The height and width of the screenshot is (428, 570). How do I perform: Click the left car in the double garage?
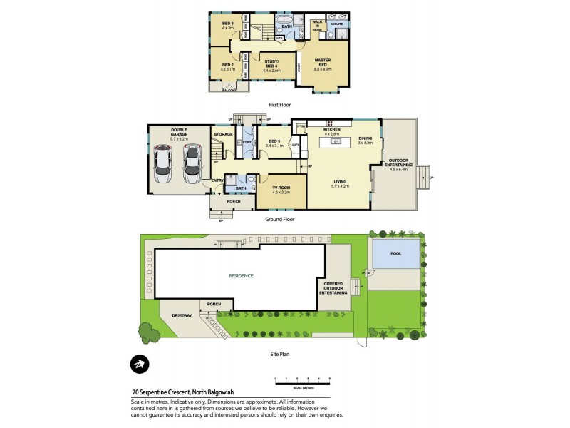(163, 164)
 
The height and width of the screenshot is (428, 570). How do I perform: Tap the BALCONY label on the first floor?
(229, 91)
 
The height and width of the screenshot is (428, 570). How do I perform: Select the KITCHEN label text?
(333, 129)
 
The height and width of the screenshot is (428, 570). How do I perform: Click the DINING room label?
(364, 140)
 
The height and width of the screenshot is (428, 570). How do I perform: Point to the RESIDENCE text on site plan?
(241, 275)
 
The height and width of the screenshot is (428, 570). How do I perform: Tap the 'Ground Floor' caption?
(279, 219)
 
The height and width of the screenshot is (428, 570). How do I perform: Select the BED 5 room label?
(274, 142)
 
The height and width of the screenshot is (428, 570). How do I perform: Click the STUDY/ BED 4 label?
(271, 65)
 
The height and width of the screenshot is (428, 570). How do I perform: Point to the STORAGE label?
(223, 134)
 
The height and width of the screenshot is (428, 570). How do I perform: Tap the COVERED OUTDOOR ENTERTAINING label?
(333, 288)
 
